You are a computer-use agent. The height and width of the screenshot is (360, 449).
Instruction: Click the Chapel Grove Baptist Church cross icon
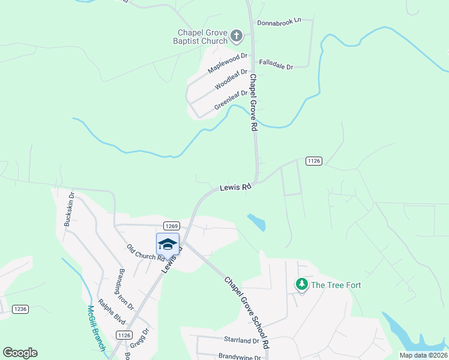tap(237, 36)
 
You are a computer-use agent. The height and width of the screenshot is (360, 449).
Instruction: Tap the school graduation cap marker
tap(167, 244)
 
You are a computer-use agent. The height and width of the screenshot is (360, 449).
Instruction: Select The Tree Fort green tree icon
tap(302, 284)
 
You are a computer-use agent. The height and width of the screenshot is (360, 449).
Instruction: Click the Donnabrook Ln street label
tap(279, 22)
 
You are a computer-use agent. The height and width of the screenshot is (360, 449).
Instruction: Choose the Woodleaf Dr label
tap(231, 79)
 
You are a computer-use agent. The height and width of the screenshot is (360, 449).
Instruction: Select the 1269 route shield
tap(171, 226)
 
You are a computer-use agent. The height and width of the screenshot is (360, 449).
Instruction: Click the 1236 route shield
tap(20, 309)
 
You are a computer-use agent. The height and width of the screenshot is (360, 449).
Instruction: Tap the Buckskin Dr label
tap(68, 209)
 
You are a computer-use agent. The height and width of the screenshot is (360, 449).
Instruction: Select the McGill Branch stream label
tap(96, 328)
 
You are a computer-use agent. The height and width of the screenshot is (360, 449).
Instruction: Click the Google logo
tap(20, 353)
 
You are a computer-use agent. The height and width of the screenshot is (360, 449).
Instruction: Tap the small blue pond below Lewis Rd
tap(257, 222)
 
